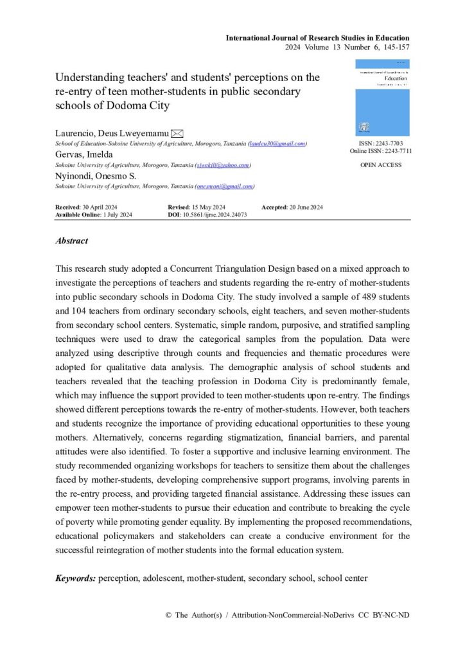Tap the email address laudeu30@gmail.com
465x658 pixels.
(x=277, y=143)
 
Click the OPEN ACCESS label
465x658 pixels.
(x=382, y=165)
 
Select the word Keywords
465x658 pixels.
(x=75, y=578)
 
